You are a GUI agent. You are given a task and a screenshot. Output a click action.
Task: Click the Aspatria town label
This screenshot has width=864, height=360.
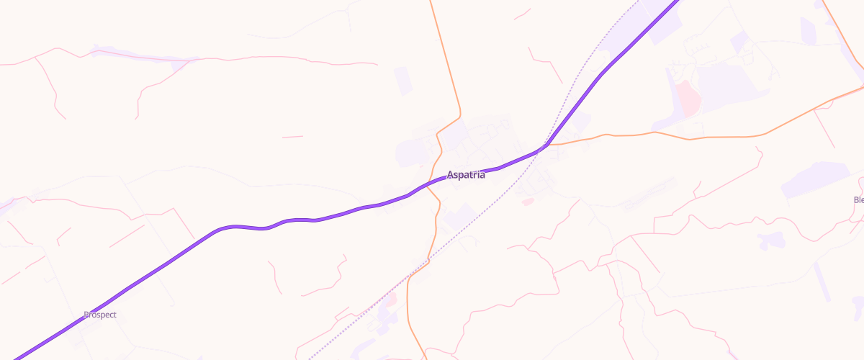(466, 175)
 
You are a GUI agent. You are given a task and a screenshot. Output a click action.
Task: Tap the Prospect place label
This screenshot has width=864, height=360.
(100, 315)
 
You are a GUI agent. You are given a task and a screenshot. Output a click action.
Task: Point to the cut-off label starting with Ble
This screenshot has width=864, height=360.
(858, 199)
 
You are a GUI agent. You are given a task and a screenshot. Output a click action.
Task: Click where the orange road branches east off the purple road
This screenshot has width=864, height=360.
(549, 144)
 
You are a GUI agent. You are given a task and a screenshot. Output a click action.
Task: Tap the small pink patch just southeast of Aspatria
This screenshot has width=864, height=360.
(528, 202)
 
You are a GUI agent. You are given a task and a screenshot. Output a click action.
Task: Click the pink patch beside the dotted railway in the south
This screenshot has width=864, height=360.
(390, 299)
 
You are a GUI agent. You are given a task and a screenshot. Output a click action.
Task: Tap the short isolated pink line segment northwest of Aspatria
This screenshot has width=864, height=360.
(292, 136)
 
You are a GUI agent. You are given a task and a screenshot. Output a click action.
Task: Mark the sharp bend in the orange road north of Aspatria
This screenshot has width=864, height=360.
(459, 115)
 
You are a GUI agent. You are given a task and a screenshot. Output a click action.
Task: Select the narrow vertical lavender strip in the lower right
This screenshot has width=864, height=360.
(822, 282)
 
